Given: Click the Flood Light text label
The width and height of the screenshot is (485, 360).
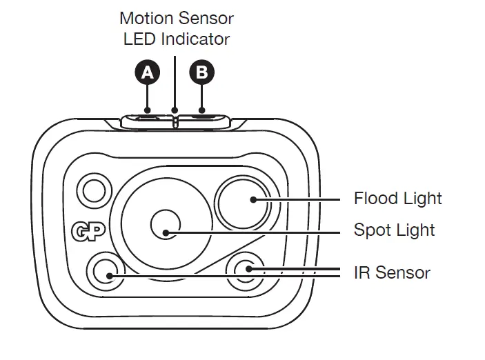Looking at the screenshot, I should [397, 199].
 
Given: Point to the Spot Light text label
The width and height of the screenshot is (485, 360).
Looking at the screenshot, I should [394, 230].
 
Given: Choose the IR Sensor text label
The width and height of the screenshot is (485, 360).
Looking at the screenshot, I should [391, 272].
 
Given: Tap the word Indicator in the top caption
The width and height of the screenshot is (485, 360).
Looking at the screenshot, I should [195, 39].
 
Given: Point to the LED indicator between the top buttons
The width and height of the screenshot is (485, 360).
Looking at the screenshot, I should [175, 121].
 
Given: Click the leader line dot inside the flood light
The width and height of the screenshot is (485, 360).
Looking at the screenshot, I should [254, 199].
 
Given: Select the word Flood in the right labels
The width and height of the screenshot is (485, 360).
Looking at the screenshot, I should [375, 199].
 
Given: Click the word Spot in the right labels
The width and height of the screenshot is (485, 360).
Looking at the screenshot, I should [371, 230].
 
